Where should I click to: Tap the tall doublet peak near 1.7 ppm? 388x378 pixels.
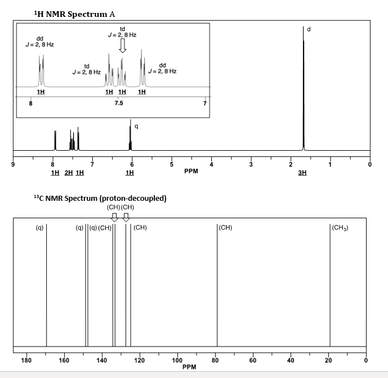pos(304,90)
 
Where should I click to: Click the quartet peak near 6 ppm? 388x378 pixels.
pos(131,135)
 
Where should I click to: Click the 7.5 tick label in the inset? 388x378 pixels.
pos(119,103)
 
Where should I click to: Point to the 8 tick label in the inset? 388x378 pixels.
pos(31,103)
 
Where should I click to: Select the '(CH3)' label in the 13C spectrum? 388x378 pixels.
pos(341,228)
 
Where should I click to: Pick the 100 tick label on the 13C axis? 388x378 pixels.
pos(176,360)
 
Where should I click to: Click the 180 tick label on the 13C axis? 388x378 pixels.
pos(26,360)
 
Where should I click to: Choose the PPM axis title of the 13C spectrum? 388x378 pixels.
pos(190,367)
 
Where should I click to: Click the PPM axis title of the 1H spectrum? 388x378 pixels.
pos(191,170)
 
